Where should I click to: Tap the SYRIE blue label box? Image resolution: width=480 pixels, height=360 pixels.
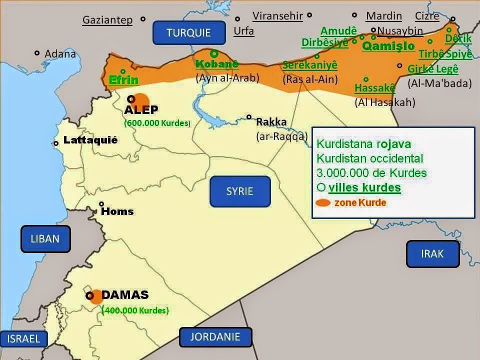[240, 191]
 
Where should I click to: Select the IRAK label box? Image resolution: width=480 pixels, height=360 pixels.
[432, 253]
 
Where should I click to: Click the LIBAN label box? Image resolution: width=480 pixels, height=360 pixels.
[45, 238]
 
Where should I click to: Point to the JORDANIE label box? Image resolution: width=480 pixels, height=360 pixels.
[215, 336]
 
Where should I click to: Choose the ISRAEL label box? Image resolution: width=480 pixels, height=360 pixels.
[24, 338]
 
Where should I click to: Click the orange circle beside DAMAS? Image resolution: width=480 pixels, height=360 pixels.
[96, 295]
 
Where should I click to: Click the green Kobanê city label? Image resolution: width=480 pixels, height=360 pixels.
[216, 64]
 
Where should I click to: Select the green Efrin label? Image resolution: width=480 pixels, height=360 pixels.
[123, 80]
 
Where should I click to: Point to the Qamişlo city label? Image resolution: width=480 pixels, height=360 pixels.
[388, 46]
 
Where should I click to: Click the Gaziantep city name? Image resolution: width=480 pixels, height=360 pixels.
[107, 20]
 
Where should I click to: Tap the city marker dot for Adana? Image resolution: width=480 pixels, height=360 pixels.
[37, 53]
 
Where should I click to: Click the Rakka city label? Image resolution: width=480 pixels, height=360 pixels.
[271, 121]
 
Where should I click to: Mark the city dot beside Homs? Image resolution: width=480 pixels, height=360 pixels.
[101, 204]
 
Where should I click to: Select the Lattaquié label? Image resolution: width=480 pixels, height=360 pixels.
[90, 140]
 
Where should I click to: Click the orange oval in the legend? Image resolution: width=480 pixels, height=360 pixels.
[323, 203]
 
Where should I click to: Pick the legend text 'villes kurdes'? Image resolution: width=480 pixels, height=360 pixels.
[364, 188]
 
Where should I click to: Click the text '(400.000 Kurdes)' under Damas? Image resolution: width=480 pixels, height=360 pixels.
[135, 310]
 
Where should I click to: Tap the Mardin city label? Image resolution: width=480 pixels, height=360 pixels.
[383, 16]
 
